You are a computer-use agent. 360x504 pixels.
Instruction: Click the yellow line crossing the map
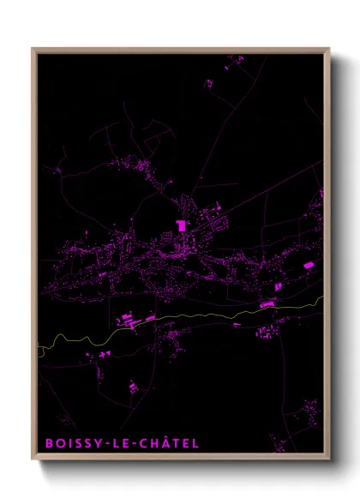(214, 315)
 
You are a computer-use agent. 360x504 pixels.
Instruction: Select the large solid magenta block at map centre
(181, 225)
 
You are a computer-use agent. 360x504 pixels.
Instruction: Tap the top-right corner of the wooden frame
(329, 49)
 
